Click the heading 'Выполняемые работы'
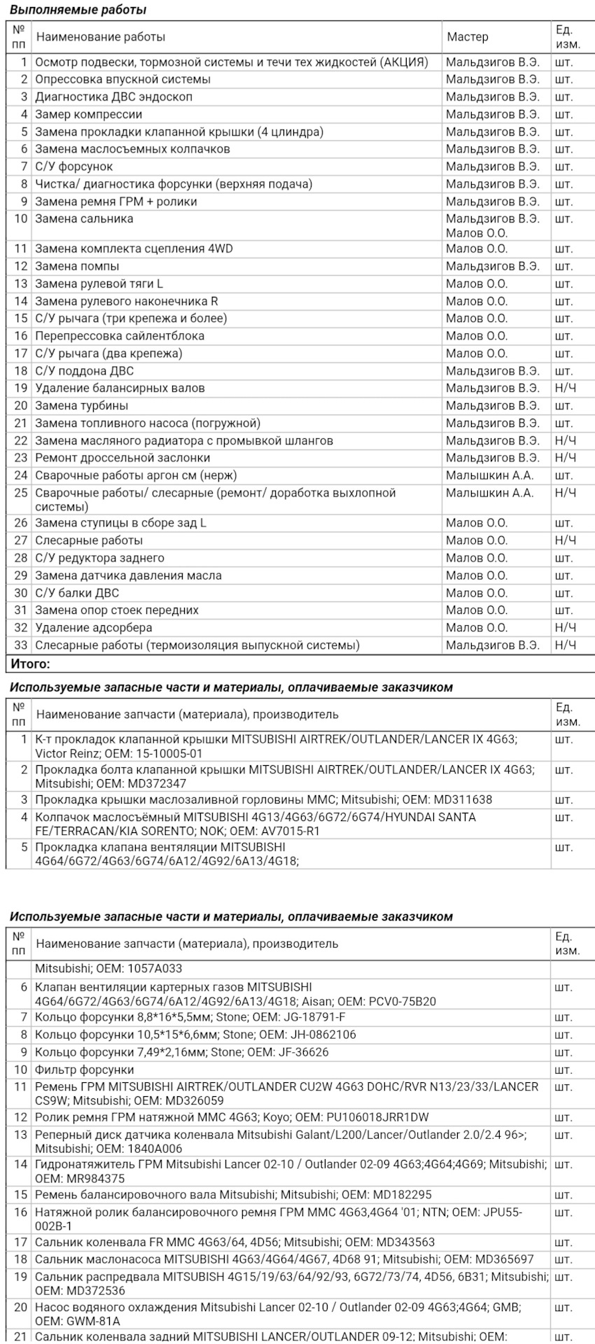coord(78,10)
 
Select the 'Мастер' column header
coord(468,37)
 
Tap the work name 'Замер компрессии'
coord(89,114)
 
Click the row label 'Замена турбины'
coord(82,405)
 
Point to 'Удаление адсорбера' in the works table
coord(94,628)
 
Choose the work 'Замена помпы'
coord(77,266)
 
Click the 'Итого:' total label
coord(30,664)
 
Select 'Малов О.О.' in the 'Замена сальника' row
coord(477,233)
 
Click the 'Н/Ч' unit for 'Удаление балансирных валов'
coord(565,388)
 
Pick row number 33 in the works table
coord(20,645)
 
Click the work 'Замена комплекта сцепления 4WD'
coord(134,248)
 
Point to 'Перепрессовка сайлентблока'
coord(120,336)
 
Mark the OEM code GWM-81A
coord(91,1322)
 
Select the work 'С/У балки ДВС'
coord(77,593)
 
